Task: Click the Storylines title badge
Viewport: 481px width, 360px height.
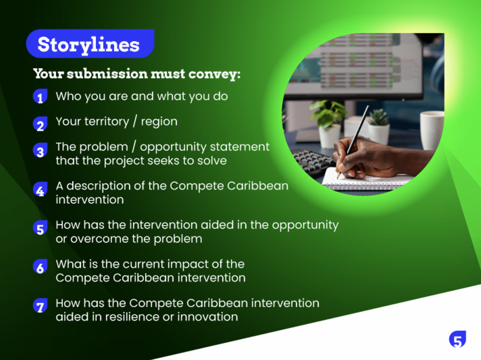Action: (x=90, y=44)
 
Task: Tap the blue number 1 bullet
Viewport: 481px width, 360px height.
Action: (x=40, y=96)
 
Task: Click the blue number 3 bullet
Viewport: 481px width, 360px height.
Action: (x=40, y=150)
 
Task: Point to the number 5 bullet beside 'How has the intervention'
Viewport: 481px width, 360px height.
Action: (x=40, y=228)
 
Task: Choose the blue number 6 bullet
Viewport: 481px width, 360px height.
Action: (x=40, y=267)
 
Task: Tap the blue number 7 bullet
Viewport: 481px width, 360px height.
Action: (x=40, y=305)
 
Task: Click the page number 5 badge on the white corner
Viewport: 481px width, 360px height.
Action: (x=458, y=339)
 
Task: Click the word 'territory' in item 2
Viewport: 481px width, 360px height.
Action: (x=107, y=122)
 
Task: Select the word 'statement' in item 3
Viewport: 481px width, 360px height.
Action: (x=240, y=147)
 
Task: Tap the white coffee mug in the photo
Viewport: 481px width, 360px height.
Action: (x=432, y=130)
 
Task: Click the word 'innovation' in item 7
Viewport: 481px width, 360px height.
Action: (x=208, y=317)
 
